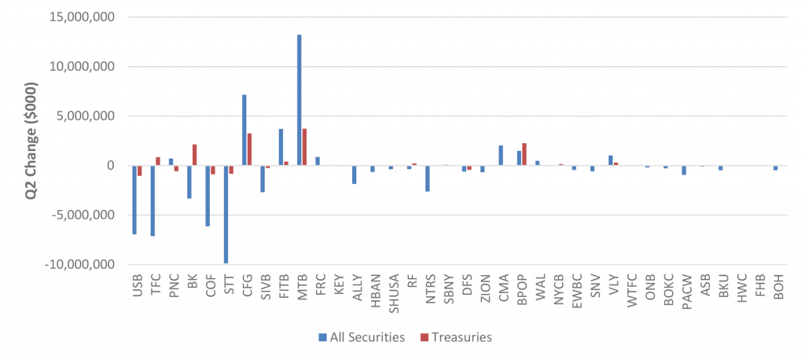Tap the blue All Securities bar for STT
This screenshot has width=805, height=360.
click(x=226, y=214)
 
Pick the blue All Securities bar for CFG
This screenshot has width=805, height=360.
click(x=244, y=130)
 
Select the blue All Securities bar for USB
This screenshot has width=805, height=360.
click(x=134, y=200)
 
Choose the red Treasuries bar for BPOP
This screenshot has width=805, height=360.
click(x=524, y=154)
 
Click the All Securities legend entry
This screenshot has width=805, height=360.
click(x=362, y=337)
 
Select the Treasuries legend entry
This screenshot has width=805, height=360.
click(x=456, y=337)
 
